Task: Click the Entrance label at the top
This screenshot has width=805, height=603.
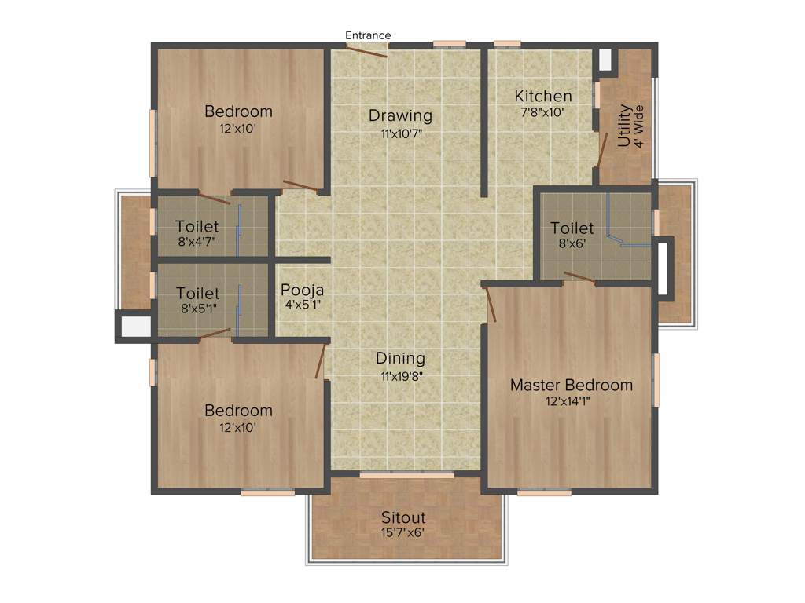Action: (x=368, y=35)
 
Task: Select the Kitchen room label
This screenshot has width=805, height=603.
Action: (x=543, y=97)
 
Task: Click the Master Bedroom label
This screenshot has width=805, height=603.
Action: (x=571, y=386)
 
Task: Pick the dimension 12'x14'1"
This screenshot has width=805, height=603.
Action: (x=572, y=401)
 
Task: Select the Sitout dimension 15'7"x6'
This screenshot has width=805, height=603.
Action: (x=403, y=533)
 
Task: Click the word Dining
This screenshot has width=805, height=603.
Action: (x=400, y=359)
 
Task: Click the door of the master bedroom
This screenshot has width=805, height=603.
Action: (x=491, y=305)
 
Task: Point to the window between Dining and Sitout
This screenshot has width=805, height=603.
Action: (x=406, y=475)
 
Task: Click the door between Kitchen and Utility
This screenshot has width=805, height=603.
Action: (x=603, y=149)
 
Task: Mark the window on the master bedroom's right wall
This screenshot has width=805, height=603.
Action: (x=656, y=380)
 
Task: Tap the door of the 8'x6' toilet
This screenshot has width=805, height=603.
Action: (x=579, y=276)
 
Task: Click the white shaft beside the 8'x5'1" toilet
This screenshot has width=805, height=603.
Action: (x=135, y=326)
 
